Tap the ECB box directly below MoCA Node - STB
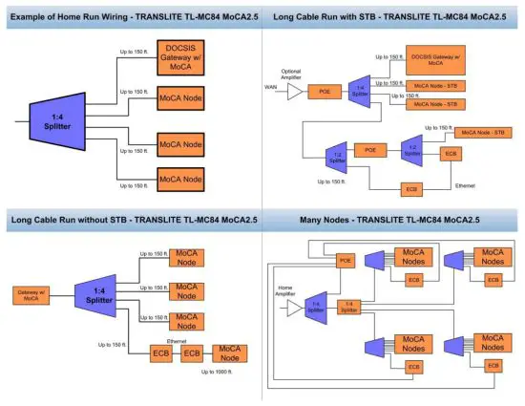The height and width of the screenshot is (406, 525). click(x=450, y=153)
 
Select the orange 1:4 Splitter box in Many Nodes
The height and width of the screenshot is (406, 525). click(x=347, y=309)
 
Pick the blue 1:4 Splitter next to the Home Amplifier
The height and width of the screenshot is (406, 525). click(x=316, y=309)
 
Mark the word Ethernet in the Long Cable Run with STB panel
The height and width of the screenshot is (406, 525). click(x=464, y=183)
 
